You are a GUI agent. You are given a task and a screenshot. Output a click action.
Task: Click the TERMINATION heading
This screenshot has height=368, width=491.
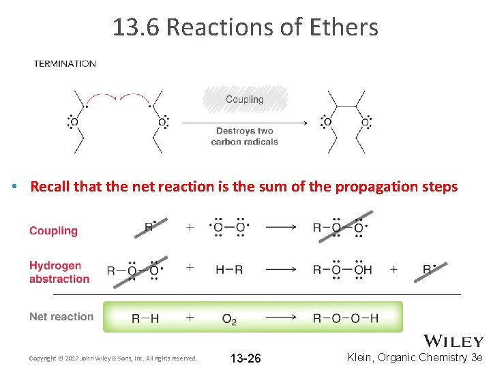point(65,63)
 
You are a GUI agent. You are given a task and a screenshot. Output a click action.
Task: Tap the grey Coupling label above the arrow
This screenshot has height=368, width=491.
point(245,99)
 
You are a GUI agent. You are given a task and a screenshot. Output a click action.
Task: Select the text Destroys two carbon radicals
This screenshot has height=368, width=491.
point(245,136)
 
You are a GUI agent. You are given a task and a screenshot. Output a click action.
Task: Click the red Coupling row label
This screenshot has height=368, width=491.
point(53,231)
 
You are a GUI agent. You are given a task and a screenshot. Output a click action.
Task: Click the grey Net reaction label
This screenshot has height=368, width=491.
point(61,316)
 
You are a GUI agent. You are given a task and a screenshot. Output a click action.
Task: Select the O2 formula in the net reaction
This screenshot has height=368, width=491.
point(229,318)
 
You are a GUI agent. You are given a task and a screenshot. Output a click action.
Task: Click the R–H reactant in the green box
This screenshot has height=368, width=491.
point(146,318)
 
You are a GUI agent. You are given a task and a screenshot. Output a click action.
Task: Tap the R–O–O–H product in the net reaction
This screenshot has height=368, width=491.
point(346,318)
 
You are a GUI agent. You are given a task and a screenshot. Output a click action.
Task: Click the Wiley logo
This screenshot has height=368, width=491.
point(453,341)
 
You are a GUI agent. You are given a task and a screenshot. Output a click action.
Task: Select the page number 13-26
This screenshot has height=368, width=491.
point(245,358)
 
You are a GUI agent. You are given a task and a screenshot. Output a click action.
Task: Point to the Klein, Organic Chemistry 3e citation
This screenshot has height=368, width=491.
point(415,357)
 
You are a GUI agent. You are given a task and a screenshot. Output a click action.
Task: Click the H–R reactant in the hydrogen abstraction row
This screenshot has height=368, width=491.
point(229,270)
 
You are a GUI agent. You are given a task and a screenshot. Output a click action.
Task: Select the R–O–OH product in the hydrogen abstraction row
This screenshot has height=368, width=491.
point(342,270)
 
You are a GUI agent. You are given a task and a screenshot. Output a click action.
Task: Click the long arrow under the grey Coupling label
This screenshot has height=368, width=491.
point(244,122)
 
